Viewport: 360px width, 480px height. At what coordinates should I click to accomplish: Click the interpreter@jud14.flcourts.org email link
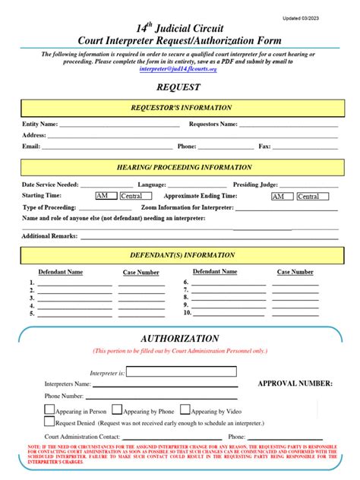coord(178,69)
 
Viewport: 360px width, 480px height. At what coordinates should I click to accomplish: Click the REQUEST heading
coord(179,87)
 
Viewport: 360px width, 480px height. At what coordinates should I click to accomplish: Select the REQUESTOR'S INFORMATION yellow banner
coord(181,108)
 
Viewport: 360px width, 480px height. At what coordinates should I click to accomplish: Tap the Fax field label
coord(265,146)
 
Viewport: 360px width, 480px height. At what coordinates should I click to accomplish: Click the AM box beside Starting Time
coord(106,196)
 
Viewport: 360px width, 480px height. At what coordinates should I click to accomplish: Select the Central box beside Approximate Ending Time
coord(308,196)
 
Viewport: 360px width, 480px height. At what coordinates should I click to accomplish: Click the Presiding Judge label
coord(255,185)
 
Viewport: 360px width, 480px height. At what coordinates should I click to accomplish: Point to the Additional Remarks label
coord(49,236)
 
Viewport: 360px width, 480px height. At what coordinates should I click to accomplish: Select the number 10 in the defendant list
coord(186,312)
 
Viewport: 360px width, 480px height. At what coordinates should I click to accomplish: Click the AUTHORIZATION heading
coord(180,338)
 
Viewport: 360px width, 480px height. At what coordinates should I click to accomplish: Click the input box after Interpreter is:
coord(170,372)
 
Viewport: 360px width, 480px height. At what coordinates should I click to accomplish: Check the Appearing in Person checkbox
coord(49,409)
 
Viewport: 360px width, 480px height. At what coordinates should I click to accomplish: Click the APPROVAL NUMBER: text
coord(295,384)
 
